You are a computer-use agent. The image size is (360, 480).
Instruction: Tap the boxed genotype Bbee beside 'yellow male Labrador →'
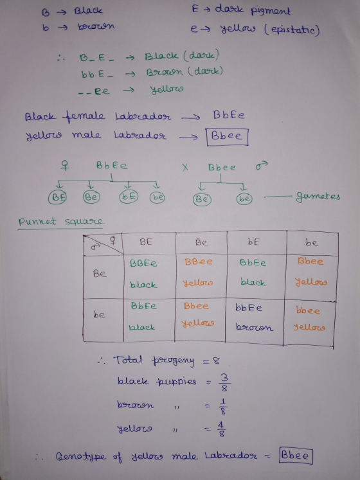227,136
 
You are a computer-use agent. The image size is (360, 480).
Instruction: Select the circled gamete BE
57,197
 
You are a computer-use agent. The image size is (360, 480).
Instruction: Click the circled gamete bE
129,197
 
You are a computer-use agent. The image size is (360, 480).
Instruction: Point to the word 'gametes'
318,196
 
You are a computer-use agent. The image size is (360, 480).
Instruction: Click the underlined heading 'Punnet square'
61,221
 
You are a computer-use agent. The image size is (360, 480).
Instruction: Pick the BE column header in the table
146,242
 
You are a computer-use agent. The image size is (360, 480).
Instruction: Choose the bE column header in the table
254,242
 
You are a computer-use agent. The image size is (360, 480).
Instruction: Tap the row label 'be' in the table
99,314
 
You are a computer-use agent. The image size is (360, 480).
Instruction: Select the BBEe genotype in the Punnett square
143,263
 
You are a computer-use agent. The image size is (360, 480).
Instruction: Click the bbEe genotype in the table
249,307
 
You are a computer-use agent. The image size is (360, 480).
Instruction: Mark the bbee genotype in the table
308,310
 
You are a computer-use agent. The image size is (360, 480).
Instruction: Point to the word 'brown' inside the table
255,327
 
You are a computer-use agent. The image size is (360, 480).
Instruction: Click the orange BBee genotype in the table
198,262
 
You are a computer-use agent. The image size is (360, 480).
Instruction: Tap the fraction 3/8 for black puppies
224,383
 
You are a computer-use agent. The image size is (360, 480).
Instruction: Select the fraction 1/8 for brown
223,407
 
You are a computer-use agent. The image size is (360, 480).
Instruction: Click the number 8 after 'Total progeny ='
216,361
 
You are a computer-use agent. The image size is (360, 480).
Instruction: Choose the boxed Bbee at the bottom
296,456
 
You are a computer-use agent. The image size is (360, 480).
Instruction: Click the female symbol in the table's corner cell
113,240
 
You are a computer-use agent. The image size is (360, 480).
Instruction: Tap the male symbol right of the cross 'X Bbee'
262,166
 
